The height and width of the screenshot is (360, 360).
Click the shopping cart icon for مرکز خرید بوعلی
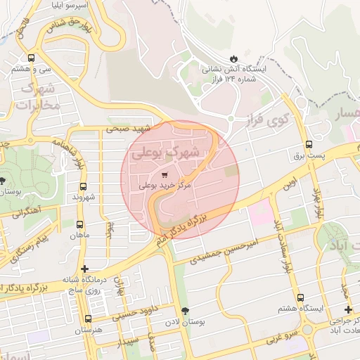pyautogui.click(x=165, y=174)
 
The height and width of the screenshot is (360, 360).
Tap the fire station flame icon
pyautogui.click(x=233, y=58)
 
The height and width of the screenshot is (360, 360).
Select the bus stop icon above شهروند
pyautogui.click(x=84, y=187)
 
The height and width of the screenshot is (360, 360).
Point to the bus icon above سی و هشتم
pyautogui.click(x=31, y=58)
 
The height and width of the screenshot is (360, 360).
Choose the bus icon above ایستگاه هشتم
pyautogui.click(x=300, y=297)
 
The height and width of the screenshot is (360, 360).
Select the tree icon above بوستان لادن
pyautogui.click(x=186, y=311)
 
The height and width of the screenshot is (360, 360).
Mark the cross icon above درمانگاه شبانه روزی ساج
pyautogui.click(x=85, y=269)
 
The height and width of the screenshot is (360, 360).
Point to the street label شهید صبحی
pyautogui.click(x=129, y=129)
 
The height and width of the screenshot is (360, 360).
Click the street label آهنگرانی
pyautogui.click(x=26, y=211)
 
